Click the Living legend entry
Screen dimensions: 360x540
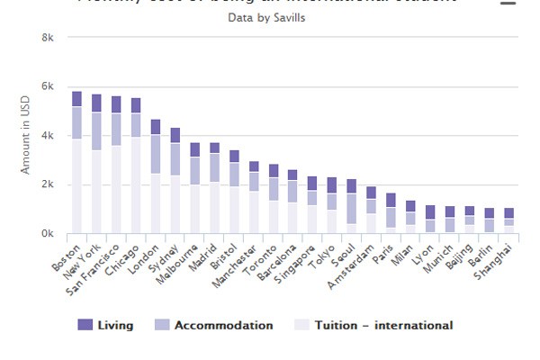point(105,325)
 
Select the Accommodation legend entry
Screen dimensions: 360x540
point(214,325)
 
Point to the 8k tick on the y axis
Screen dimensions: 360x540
point(49,38)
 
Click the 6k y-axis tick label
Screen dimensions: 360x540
point(49,87)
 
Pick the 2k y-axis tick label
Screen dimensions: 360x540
point(49,185)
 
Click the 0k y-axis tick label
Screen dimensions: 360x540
point(49,234)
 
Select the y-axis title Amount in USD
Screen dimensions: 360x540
point(26,136)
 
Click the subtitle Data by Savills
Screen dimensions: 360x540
point(273,17)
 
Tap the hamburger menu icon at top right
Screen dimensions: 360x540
point(508,3)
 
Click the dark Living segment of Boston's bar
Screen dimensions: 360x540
point(76,99)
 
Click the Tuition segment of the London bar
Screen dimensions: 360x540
point(156,203)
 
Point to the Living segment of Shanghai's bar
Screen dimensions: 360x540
point(509,213)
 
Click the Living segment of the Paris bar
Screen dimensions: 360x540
point(391,200)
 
